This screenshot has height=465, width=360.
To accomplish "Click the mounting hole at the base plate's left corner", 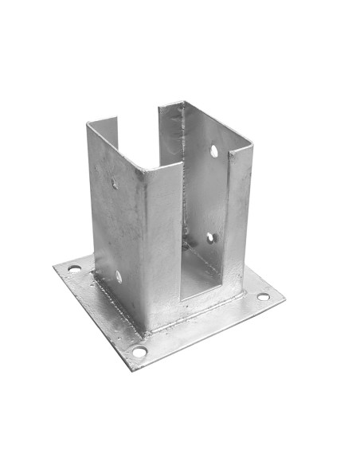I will coord(74,269).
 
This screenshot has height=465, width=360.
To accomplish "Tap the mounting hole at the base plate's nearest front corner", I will coord(139,351).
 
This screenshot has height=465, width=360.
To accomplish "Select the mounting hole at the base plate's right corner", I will coord(263,297).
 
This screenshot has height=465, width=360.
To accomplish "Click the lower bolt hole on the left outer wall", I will coord(119,277).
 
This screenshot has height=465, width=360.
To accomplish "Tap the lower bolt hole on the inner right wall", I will coord(211,237).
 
